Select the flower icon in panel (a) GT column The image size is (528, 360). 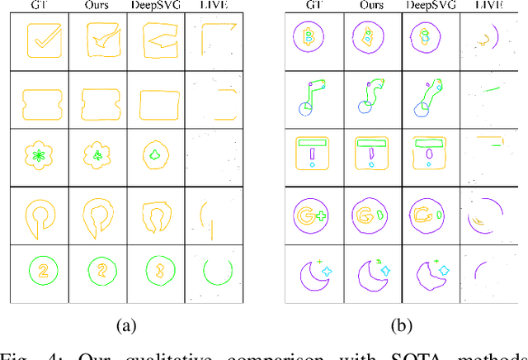point(38,154)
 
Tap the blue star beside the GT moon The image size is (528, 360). point(327,270)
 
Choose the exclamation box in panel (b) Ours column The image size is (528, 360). point(371,152)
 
